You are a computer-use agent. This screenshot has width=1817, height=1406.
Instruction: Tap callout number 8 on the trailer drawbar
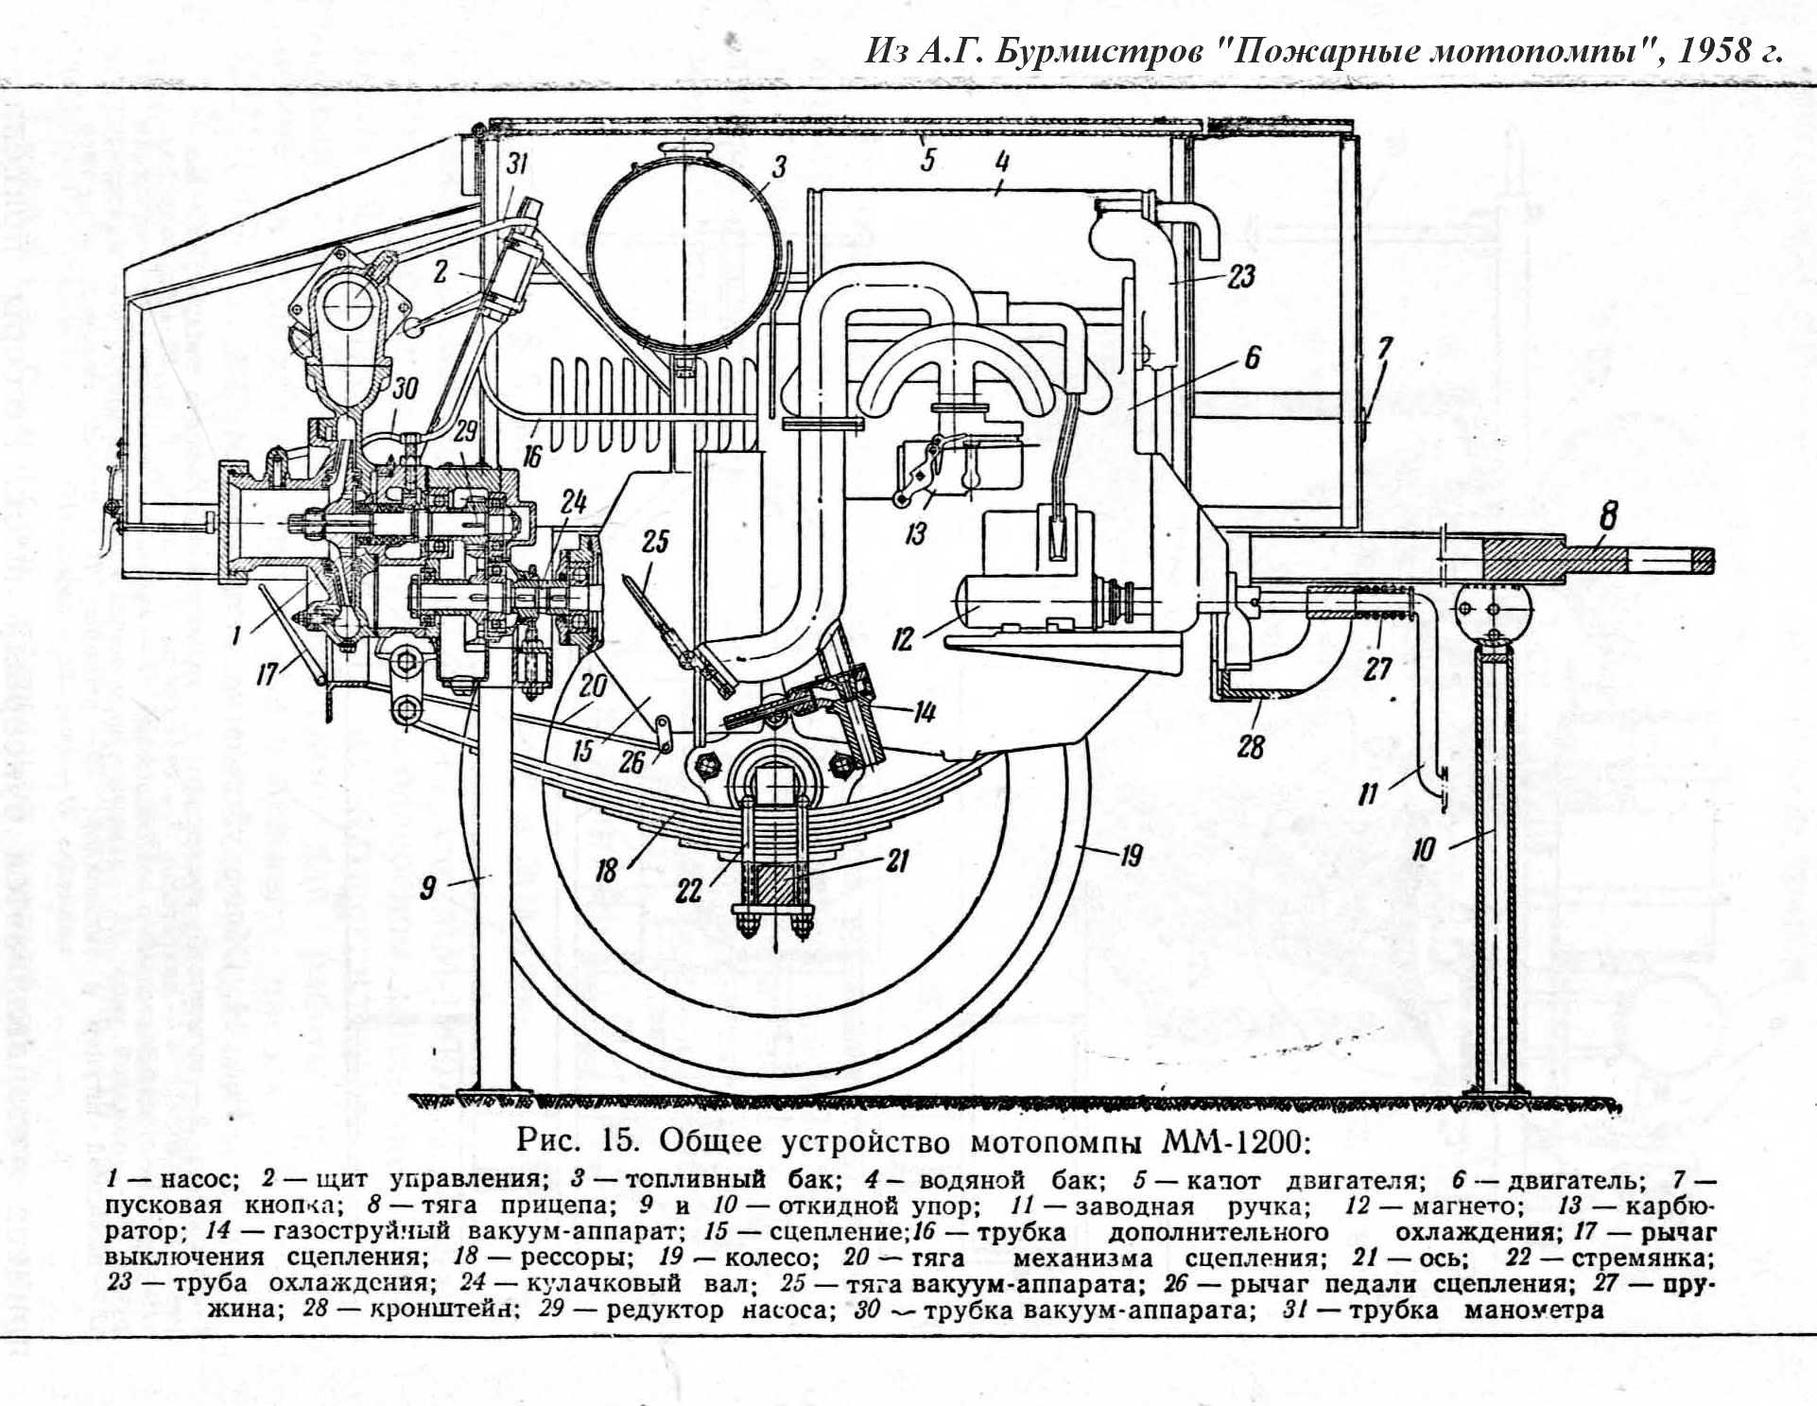pyautogui.click(x=1608, y=517)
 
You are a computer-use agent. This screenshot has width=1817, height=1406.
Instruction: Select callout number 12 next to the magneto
pyautogui.click(x=903, y=640)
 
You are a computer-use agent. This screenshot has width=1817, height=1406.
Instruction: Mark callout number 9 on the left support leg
pyautogui.click(x=428, y=888)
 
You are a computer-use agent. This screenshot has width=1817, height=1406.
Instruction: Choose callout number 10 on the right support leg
pyautogui.click(x=1424, y=849)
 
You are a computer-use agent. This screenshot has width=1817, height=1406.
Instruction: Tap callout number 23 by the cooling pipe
pyautogui.click(x=1240, y=276)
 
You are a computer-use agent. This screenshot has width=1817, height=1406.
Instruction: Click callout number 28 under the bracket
pyautogui.click(x=1250, y=747)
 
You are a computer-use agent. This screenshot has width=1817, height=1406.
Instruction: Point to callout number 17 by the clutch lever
pyautogui.click(x=268, y=673)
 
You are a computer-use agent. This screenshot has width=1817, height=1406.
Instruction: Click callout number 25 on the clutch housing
pyautogui.click(x=655, y=541)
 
